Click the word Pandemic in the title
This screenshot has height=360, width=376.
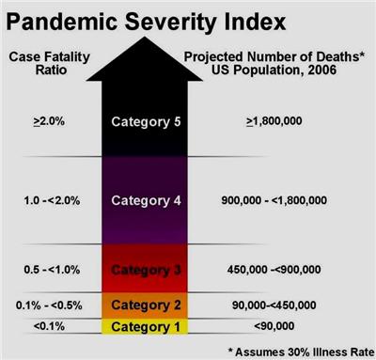[x=62, y=22]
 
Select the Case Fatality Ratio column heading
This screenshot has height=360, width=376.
[x=50, y=63]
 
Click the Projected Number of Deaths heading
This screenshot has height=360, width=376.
[x=274, y=63]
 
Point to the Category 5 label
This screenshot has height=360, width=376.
[x=146, y=122]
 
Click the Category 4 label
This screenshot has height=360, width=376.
[x=146, y=200]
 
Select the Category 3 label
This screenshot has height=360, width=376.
[x=146, y=270]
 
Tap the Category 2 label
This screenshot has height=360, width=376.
[x=146, y=305]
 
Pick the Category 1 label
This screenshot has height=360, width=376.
[x=146, y=327]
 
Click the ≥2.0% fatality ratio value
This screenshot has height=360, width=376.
[x=49, y=121]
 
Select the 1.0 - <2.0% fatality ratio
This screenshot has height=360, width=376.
[x=52, y=200]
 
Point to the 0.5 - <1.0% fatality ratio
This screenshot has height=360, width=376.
[x=52, y=270]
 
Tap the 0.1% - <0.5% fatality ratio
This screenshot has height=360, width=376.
[x=49, y=305]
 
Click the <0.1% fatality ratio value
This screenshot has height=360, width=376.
[x=49, y=326]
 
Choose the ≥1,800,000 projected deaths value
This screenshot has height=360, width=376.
[x=274, y=121]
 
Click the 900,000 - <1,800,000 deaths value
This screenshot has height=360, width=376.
[x=274, y=200]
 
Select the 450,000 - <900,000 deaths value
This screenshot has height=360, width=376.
[x=274, y=270]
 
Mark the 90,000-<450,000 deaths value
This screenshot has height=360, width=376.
[x=274, y=305]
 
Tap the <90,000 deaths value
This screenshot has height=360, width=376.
[x=274, y=326]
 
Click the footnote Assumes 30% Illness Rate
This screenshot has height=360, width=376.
[x=301, y=352]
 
